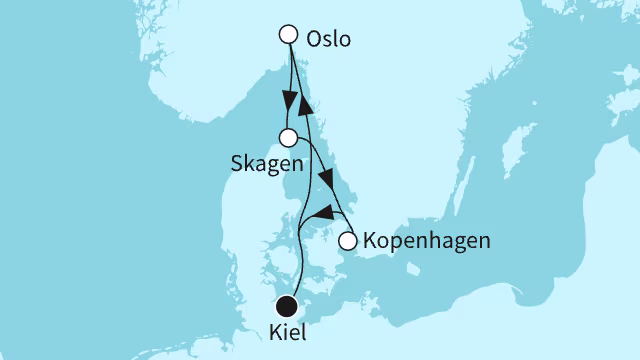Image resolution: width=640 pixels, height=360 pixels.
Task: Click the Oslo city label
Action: pyautogui.click(x=333, y=40)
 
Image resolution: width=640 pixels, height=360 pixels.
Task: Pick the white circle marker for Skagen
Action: pyautogui.click(x=288, y=138)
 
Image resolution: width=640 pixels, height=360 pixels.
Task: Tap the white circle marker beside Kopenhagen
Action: pyautogui.click(x=348, y=241)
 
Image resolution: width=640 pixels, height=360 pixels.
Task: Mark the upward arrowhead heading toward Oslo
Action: pyautogui.click(x=307, y=103)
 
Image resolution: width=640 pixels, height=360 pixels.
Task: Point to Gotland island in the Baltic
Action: pyautogui.click(x=514, y=160)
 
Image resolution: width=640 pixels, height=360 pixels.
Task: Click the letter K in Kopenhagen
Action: pyautogui.click(x=372, y=241)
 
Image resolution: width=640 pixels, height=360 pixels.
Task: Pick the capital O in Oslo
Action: pyautogui.click(x=315, y=40)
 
